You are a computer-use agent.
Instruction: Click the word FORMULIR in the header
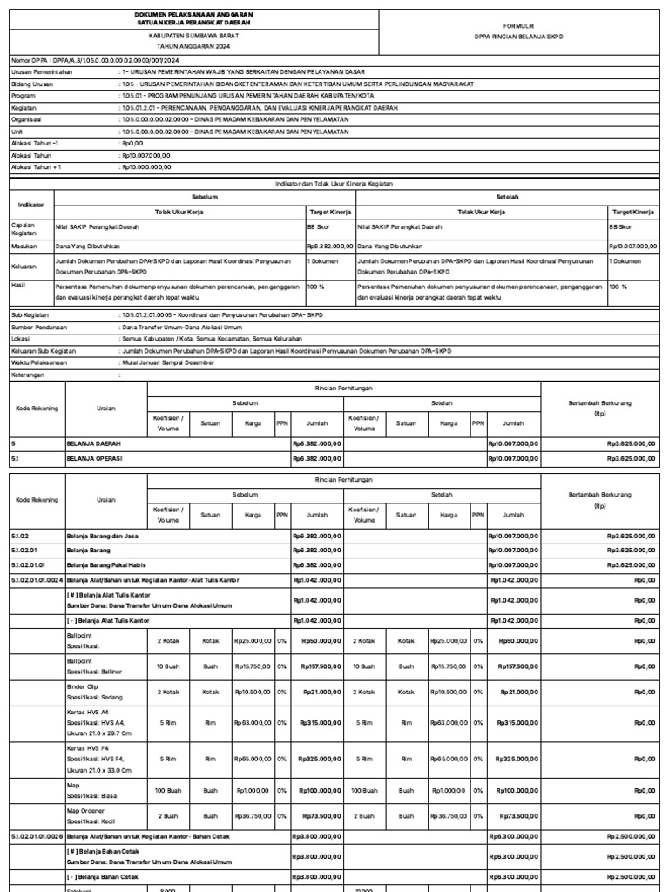pyautogui.click(x=521, y=27)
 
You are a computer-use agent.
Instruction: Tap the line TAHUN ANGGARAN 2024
pyautogui.click(x=194, y=47)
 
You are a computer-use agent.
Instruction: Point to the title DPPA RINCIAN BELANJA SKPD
pyautogui.click(x=521, y=38)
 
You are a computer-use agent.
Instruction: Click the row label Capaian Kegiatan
pyautogui.click(x=24, y=230)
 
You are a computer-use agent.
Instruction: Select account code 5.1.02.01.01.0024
pyautogui.click(x=36, y=578)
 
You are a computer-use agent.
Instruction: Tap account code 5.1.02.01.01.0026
pyautogui.click(x=36, y=836)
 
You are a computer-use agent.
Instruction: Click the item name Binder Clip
pyautogui.click(x=83, y=686)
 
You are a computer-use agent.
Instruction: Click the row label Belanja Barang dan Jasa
pyautogui.click(x=101, y=537)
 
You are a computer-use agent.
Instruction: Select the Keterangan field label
pyautogui.click(x=28, y=375)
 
